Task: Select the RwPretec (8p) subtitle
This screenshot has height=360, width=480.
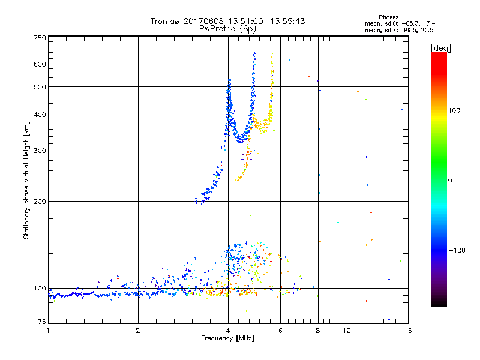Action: [x=227, y=28]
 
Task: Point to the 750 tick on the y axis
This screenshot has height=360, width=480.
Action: [x=40, y=38]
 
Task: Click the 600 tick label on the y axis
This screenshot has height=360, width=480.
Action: [x=40, y=64]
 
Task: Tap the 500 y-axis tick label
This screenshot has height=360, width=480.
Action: [x=40, y=87]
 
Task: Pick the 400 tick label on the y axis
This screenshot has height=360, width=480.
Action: [x=40, y=115]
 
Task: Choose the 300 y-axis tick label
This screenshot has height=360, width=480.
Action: [x=40, y=151]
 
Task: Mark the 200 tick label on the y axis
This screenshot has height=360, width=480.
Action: [x=40, y=202]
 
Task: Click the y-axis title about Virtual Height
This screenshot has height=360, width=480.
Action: [x=26, y=181]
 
